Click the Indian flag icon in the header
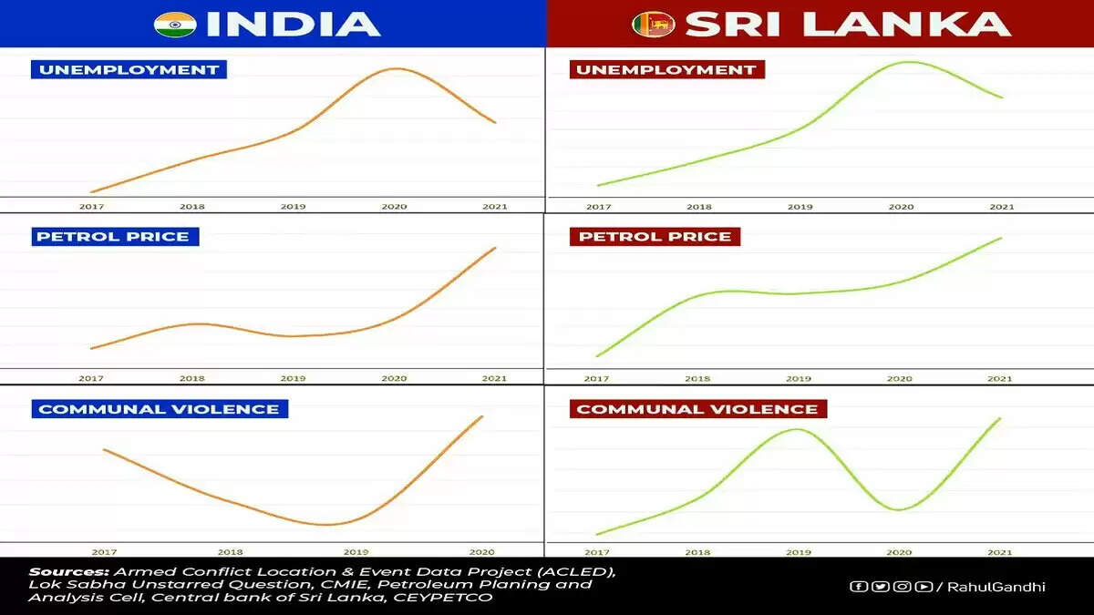point(175,24)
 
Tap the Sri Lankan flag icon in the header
point(653,24)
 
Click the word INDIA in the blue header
point(293,25)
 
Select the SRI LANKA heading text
point(848,25)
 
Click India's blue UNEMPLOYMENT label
point(128,69)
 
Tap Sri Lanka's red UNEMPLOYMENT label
point(666,69)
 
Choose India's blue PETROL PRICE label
point(113,237)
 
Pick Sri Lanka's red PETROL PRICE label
point(655,237)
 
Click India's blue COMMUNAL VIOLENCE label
point(159,409)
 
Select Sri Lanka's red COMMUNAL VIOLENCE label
point(697,409)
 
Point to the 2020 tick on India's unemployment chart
point(394,207)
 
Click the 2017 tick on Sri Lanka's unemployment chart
point(599,207)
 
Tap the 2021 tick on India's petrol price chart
point(494,378)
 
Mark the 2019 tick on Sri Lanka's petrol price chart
point(799,378)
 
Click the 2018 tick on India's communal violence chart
point(230,551)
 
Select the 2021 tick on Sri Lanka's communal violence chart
point(1000,551)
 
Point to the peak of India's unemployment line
point(395,68)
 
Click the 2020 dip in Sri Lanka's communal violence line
point(899,509)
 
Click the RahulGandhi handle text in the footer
point(996,587)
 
